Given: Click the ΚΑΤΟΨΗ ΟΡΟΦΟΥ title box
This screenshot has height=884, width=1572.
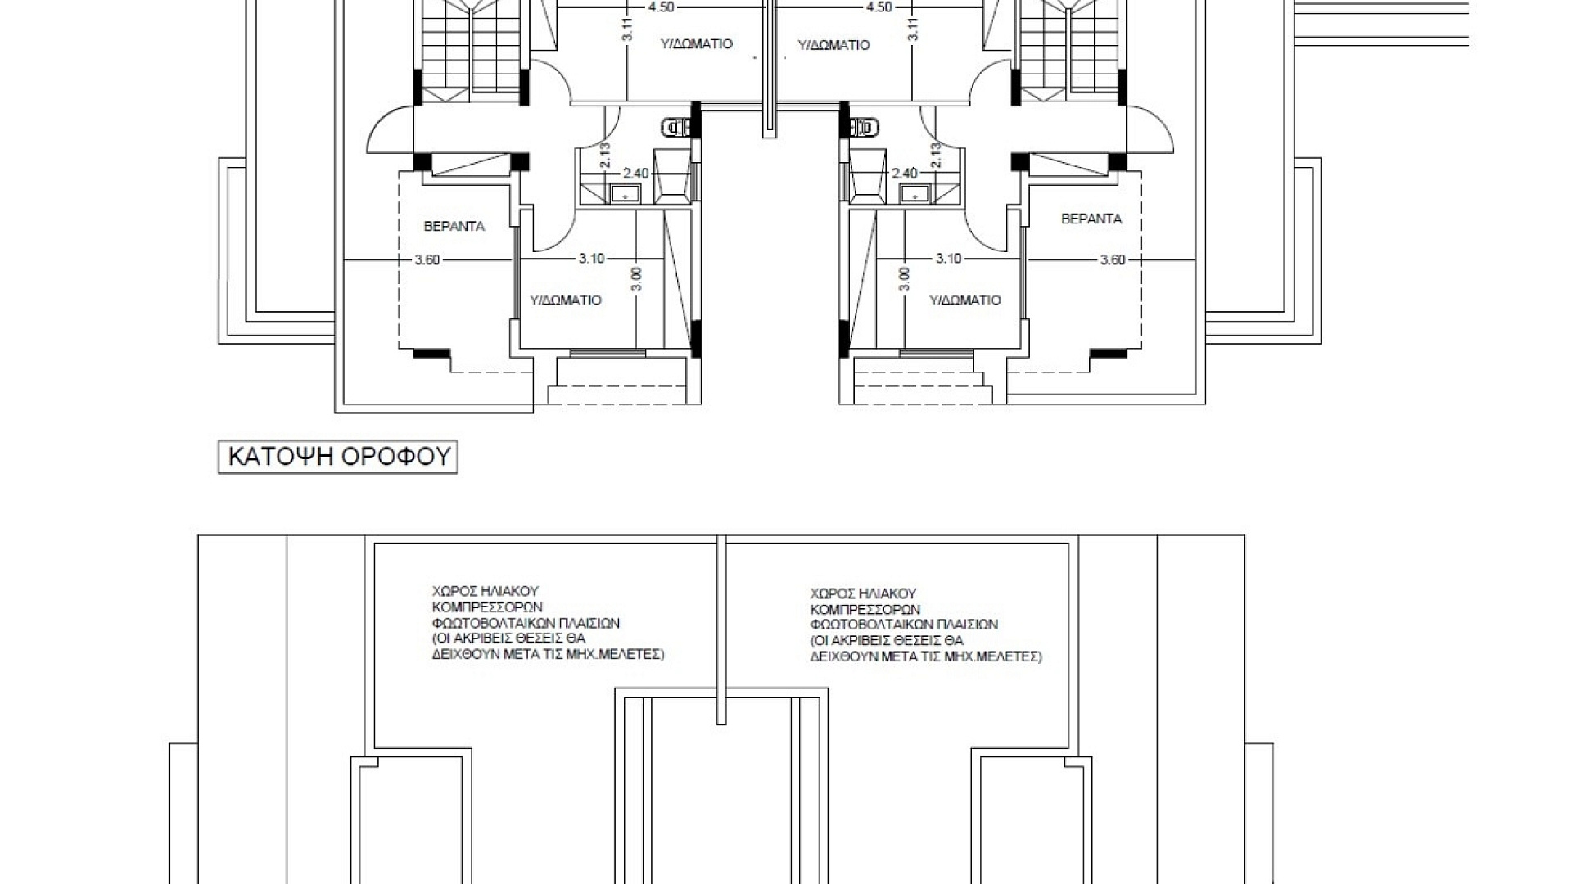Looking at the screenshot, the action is click(337, 457).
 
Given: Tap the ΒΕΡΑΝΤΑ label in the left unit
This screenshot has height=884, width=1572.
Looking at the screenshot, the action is click(454, 226).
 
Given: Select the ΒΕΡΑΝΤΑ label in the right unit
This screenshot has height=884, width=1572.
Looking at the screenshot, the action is click(1091, 219).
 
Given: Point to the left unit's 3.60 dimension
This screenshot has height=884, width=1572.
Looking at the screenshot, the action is click(427, 260).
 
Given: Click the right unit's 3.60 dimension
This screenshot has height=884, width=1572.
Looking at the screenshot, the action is click(1113, 260).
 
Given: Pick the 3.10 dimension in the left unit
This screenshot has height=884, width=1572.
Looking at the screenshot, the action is click(591, 259).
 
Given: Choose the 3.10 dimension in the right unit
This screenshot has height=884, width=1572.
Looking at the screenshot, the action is click(949, 259).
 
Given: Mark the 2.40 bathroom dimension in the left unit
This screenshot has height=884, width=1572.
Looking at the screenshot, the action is click(635, 174).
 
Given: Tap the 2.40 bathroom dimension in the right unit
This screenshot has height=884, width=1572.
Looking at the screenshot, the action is click(905, 174).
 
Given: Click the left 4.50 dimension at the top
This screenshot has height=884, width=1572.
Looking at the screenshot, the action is click(661, 7).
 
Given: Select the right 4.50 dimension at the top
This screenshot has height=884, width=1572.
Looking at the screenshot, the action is click(879, 7).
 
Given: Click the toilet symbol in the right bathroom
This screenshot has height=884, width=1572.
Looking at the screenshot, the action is click(862, 127).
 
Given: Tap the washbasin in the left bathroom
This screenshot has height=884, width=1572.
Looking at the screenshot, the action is click(626, 193).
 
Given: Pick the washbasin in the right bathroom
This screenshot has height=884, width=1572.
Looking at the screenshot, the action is click(915, 193).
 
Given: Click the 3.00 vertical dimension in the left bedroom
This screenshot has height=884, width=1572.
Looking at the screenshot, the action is click(638, 279).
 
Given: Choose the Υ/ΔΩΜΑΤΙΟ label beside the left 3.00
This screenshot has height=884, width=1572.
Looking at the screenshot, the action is click(566, 300).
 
